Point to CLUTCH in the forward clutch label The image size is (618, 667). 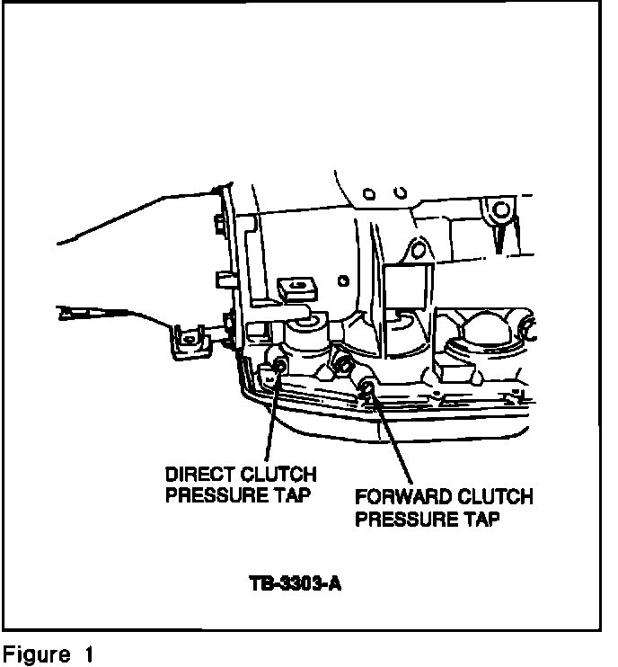[491, 497]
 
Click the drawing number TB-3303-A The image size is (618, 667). [296, 584]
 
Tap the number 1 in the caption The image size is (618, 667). [89, 654]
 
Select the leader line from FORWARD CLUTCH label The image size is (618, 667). [393, 438]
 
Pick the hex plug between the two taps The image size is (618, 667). [342, 365]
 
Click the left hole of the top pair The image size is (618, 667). [369, 192]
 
